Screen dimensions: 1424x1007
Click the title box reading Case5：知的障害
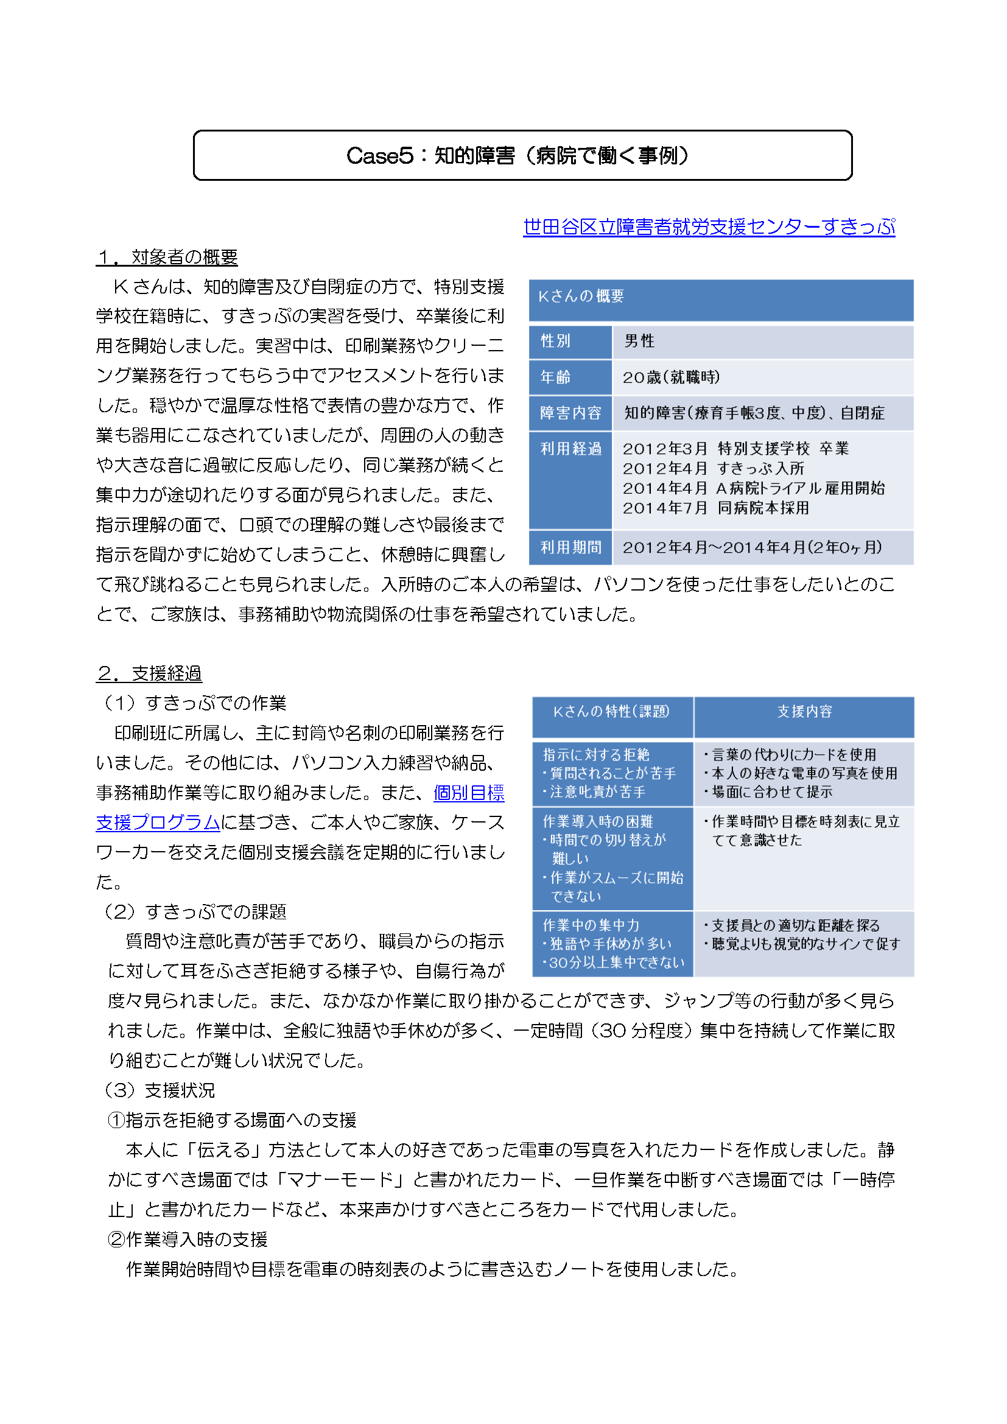(522, 155)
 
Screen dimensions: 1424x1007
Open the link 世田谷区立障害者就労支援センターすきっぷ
(708, 226)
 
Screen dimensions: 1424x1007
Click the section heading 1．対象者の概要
(167, 257)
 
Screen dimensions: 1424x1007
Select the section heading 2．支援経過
(149, 673)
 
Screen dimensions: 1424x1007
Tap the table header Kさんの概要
(581, 296)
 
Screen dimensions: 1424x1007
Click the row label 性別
(556, 341)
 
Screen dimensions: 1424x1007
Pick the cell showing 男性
(639, 341)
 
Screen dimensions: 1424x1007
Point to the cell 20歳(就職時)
(671, 377)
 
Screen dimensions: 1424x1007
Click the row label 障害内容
(570, 413)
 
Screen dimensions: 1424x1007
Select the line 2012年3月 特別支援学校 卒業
(735, 449)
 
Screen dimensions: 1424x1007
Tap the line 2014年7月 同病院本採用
(715, 508)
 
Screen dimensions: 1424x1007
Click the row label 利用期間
(570, 547)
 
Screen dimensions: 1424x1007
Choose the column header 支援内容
(804, 711)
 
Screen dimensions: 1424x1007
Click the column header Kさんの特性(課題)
(611, 711)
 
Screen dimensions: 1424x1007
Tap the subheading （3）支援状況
(161, 1090)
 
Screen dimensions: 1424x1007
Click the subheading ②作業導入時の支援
(188, 1238)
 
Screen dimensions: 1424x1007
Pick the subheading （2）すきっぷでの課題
(195, 911)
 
